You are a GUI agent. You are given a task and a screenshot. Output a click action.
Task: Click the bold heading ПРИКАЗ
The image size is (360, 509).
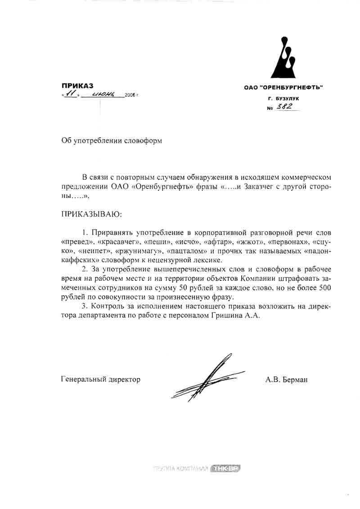tap(77, 86)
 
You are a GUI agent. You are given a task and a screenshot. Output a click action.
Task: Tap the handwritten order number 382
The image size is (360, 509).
tap(284, 107)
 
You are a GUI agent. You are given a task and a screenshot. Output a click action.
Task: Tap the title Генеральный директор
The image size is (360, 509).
tap(100, 380)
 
